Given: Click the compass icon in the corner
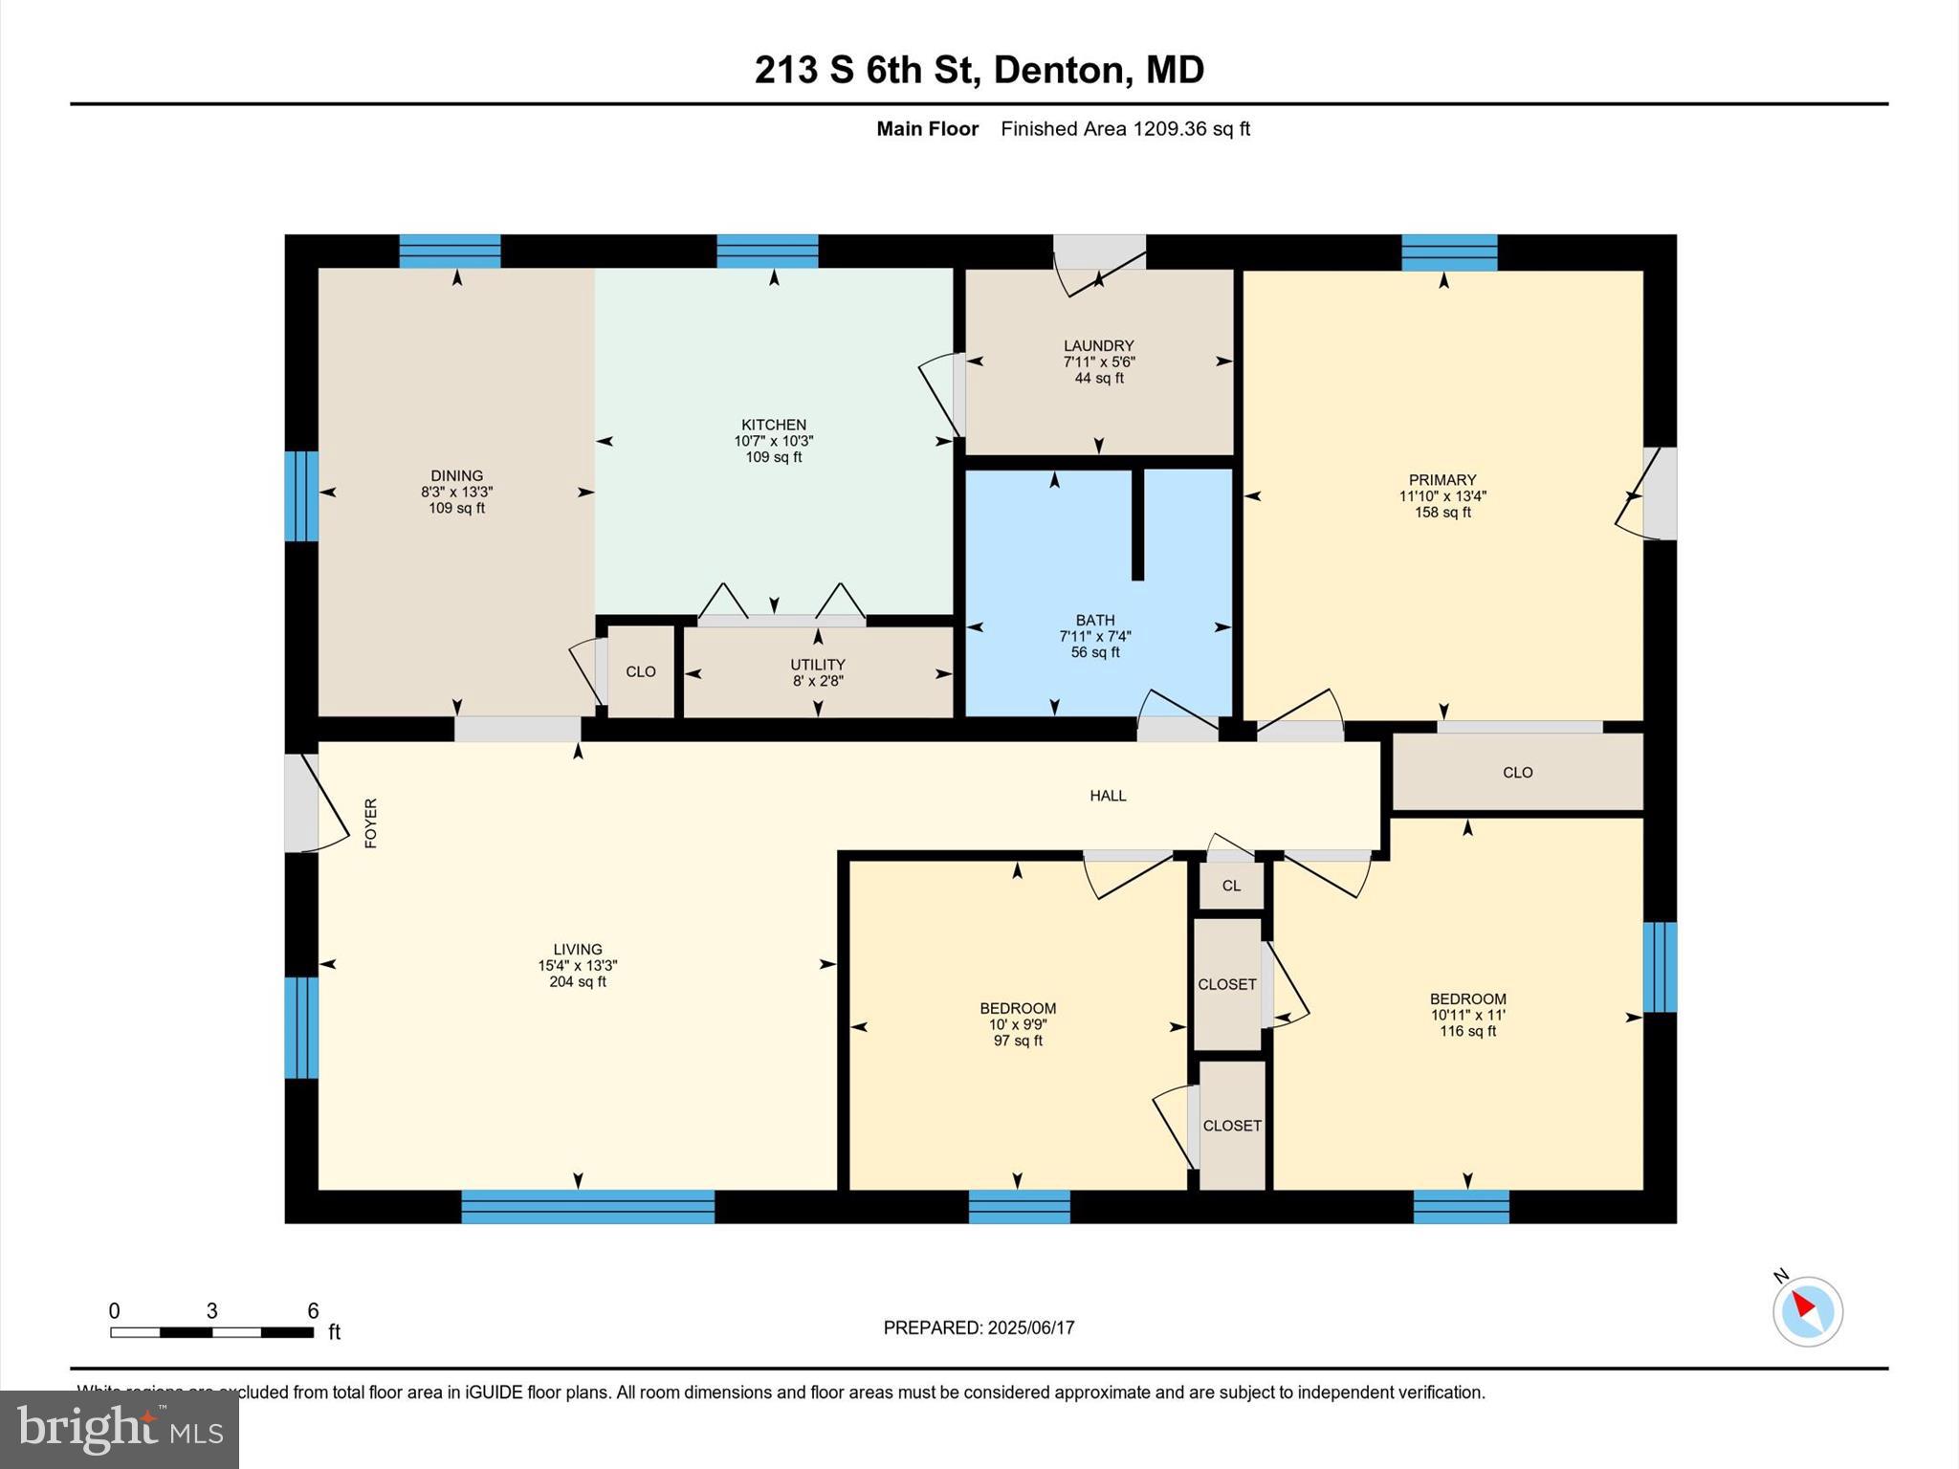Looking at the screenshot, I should pyautogui.click(x=1807, y=1311).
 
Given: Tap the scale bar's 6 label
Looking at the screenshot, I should pyautogui.click(x=313, y=1310).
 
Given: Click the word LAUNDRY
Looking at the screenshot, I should pyautogui.click(x=1098, y=345).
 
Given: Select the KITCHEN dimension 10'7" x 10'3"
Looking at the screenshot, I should pyautogui.click(x=773, y=441).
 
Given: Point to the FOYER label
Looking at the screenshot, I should pyautogui.click(x=371, y=822).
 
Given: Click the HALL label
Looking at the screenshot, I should pyautogui.click(x=1108, y=795).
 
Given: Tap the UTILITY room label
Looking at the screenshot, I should pyautogui.click(x=817, y=664).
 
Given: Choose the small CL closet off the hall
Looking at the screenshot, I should pyautogui.click(x=1231, y=886).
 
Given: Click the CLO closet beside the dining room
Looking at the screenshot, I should pyautogui.click(x=640, y=671).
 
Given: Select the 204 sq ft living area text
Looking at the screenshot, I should pyautogui.click(x=577, y=982).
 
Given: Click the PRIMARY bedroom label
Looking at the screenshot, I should pyautogui.click(x=1442, y=479).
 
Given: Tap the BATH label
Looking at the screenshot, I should pyautogui.click(x=1094, y=620).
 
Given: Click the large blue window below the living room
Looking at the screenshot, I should pyautogui.click(x=587, y=1206).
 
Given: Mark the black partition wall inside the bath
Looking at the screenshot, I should pyautogui.click(x=1137, y=524).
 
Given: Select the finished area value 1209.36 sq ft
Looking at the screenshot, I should pyautogui.click(x=1191, y=129).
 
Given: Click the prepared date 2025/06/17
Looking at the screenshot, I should pyautogui.click(x=1031, y=1327).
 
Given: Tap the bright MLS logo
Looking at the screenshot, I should pyautogui.click(x=120, y=1429).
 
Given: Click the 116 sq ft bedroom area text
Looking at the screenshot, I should pyautogui.click(x=1467, y=1031).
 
